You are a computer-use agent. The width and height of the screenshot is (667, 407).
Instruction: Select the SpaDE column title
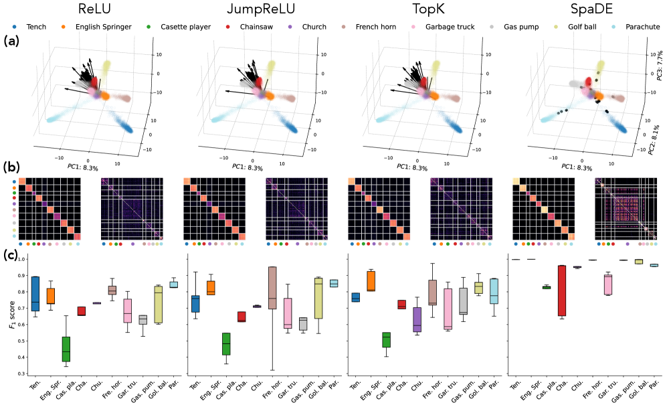pyautogui.click(x=580, y=10)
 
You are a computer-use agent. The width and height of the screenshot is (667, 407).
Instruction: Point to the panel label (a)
pyautogui.click(x=11, y=42)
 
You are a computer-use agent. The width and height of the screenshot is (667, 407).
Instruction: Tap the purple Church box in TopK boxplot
pyautogui.click(x=417, y=319)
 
